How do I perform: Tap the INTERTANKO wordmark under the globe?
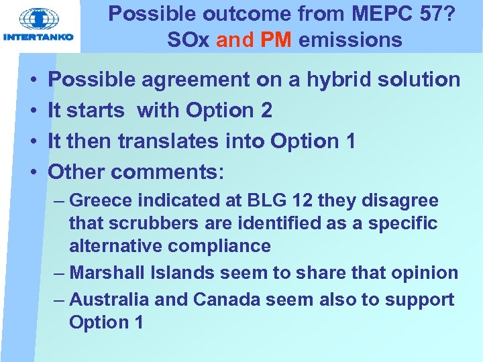pyautogui.click(x=40, y=38)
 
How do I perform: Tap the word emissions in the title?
pyautogui.click(x=350, y=40)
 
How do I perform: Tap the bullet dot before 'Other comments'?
pyautogui.click(x=33, y=172)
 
